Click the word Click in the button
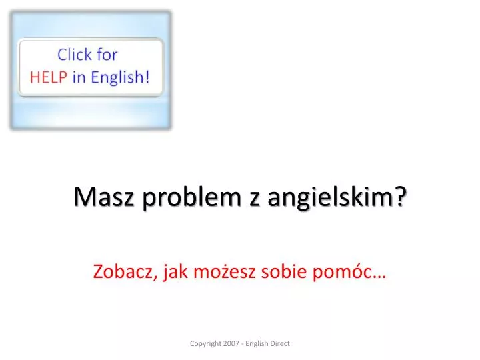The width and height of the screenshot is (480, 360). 75,55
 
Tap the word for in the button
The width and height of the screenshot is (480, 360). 107,55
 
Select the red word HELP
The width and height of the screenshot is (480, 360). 49,77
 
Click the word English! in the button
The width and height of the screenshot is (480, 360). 120,77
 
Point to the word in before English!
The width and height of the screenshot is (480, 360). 79,77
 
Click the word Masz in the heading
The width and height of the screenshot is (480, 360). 104,197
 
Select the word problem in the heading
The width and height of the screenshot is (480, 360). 192,197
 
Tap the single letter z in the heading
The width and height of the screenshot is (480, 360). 255,199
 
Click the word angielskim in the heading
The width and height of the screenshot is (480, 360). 330,197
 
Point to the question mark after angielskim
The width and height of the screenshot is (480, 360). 401,196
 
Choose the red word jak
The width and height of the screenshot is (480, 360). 175,272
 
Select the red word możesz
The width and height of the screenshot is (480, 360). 225,271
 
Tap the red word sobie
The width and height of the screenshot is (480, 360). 284,271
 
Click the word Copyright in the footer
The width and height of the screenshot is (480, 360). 205,344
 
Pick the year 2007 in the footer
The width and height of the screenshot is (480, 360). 231,343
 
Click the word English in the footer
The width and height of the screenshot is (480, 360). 257,344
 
